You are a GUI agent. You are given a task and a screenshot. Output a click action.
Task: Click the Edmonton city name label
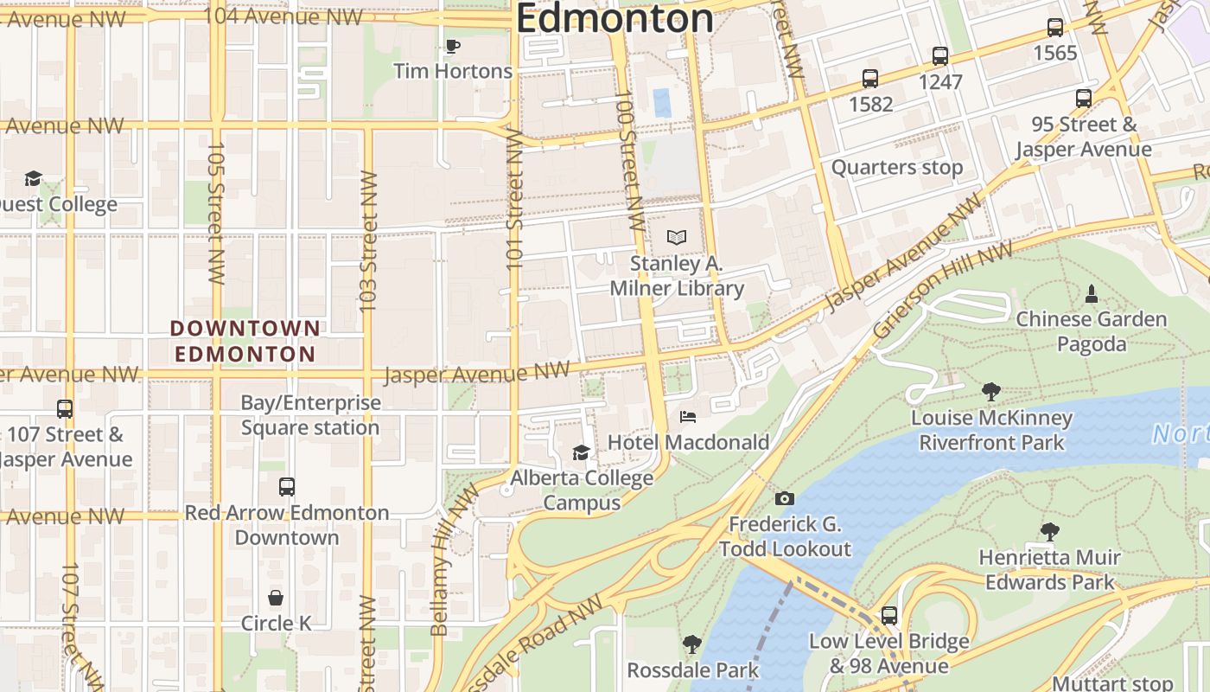point(615,19)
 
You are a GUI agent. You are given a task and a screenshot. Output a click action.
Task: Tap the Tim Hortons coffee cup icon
point(452,46)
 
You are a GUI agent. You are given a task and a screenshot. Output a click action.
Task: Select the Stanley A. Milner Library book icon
point(677,237)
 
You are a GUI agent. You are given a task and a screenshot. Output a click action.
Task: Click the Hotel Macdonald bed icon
point(687,417)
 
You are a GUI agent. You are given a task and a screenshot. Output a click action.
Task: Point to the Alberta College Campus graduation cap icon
point(581,452)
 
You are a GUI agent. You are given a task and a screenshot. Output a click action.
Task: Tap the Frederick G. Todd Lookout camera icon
point(784,498)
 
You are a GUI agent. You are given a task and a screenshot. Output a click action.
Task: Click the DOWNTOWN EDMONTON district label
point(245,341)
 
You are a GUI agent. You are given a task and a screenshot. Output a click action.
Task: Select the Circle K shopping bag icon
point(276,598)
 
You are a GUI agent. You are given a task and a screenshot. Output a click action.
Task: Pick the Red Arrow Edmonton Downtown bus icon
point(287,487)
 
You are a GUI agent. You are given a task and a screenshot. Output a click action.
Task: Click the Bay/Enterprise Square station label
point(310,415)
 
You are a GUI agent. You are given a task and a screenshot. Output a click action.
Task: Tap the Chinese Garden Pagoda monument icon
point(1091,294)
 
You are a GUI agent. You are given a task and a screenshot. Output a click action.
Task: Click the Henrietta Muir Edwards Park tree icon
point(1049,532)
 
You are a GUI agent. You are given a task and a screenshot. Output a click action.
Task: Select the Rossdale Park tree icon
point(691,644)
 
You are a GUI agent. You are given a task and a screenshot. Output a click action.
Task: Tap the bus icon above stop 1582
point(870,79)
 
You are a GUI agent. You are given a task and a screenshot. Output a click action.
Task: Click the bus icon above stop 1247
point(940,56)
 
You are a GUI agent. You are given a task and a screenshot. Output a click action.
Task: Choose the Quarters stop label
point(896,167)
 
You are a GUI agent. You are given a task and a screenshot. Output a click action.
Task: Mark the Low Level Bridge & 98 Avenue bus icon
point(888,616)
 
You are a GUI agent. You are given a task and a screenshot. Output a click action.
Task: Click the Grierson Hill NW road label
point(942,290)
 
